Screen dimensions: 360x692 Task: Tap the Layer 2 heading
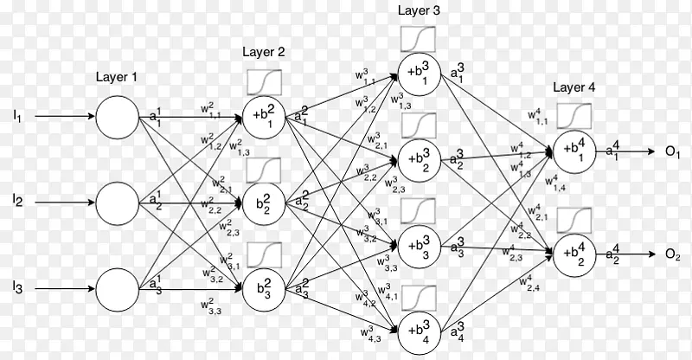[263, 52]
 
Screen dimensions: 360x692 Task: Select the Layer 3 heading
[419, 10]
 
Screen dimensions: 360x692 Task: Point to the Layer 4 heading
[573, 88]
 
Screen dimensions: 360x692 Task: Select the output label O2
[672, 255]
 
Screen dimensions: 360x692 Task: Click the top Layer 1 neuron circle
[116, 117]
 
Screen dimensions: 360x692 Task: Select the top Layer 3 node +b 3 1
[419, 72]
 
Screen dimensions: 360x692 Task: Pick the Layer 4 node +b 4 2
[574, 255]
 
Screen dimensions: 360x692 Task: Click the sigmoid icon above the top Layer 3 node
[419, 37]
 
